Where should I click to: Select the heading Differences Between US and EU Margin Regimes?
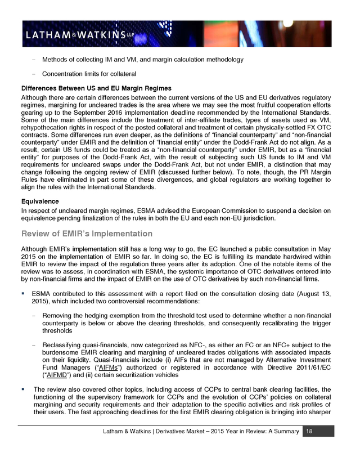click(96, 88)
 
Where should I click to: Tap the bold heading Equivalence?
click(41, 200)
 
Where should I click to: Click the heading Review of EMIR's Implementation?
click(87, 233)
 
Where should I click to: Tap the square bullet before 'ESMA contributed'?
click(24, 294)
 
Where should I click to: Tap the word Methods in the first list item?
click(56, 59)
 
